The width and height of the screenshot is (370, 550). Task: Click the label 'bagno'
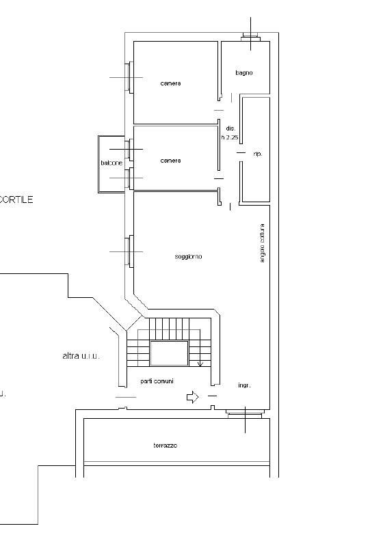244,72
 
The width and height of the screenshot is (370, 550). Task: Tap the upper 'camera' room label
170,83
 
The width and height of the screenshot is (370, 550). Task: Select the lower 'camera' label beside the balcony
170,161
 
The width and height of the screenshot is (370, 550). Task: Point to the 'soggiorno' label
188,256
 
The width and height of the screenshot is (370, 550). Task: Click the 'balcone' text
111,163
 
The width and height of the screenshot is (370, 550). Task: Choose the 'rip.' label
257,154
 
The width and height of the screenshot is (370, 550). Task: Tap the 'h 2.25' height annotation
229,137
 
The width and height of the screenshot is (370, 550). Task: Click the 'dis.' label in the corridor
230,128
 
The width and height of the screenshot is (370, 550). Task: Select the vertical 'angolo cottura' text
262,243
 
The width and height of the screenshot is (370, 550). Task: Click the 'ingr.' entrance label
244,385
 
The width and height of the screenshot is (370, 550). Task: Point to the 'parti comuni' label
156,381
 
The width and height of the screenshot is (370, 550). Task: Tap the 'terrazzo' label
165,445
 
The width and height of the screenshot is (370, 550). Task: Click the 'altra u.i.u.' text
81,356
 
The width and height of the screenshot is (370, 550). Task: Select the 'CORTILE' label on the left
15,200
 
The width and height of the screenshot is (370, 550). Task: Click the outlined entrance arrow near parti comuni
192,396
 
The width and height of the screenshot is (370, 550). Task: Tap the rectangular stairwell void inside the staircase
169,353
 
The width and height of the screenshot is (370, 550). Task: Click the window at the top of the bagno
250,37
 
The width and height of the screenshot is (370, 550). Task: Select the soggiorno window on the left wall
128,251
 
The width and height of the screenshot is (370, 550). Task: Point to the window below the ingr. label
244,413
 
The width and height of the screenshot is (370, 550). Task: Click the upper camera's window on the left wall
128,77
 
